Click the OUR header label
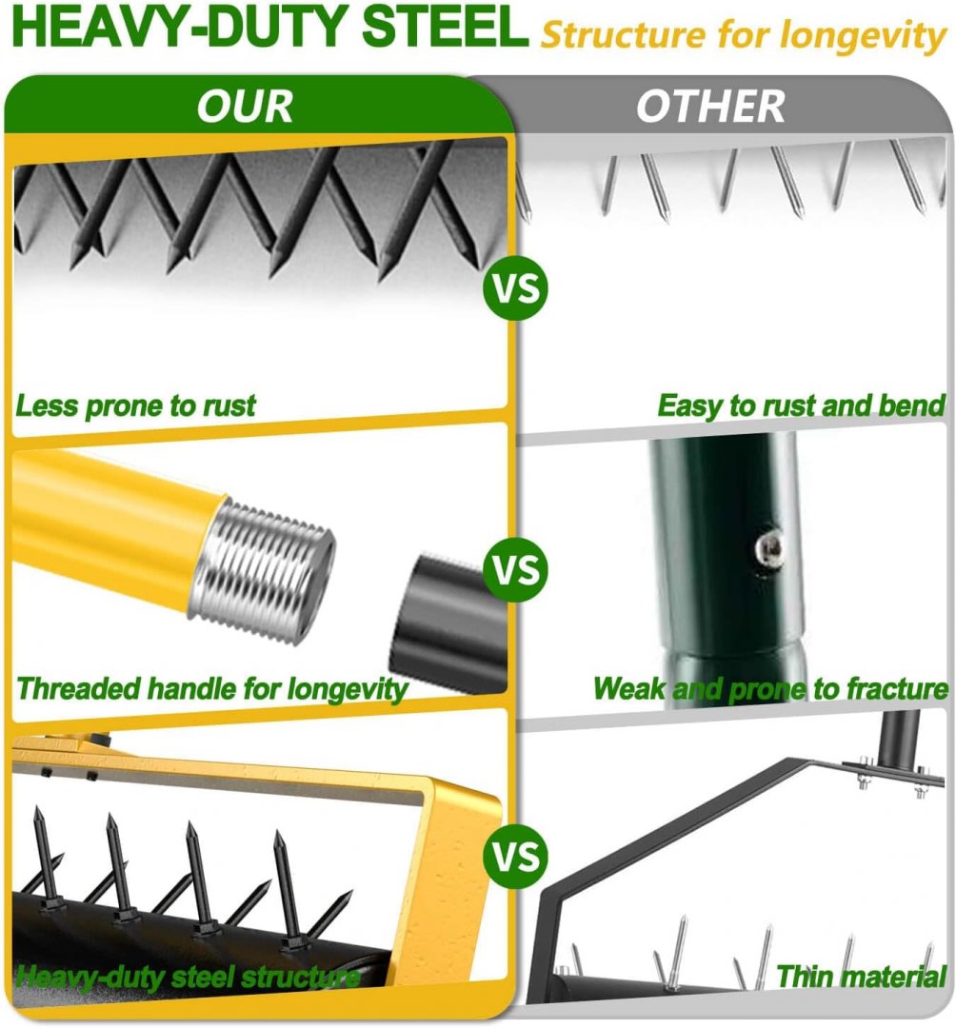click(x=245, y=107)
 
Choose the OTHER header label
click(x=710, y=107)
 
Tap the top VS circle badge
click(x=516, y=288)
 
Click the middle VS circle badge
click(x=516, y=570)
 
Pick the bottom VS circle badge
click(x=516, y=857)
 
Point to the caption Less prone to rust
click(x=135, y=406)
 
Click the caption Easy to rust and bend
click(x=801, y=406)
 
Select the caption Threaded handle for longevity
click(x=211, y=690)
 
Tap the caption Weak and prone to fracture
click(x=770, y=689)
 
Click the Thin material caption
click(x=862, y=977)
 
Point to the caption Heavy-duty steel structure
click(x=188, y=978)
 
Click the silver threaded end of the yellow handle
click(x=262, y=567)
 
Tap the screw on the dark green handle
click(x=767, y=546)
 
